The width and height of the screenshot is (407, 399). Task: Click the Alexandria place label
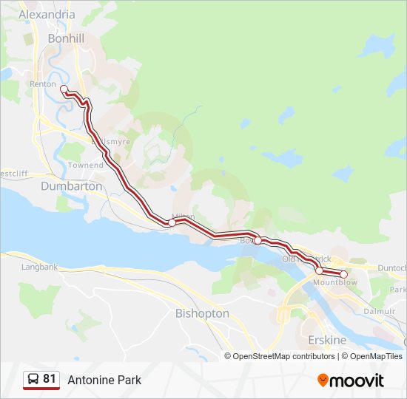[47, 14]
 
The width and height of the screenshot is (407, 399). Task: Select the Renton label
[43, 84]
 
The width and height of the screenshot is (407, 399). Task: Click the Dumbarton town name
[72, 187]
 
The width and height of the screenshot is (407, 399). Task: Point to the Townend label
[86, 166]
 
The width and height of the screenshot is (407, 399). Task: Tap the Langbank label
[40, 267]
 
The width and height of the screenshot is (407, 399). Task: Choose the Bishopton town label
[202, 314]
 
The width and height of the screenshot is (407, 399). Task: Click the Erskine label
[326, 341]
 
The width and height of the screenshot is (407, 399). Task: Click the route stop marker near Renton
[64, 89]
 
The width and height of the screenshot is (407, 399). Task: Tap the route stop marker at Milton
[172, 222]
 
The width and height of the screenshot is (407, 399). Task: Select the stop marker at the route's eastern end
[344, 274]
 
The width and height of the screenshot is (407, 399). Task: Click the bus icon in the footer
[33, 380]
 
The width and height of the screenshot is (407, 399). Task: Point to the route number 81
[50, 379]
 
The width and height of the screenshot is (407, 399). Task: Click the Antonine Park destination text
[104, 381]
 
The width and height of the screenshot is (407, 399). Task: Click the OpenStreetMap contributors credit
[280, 356]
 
